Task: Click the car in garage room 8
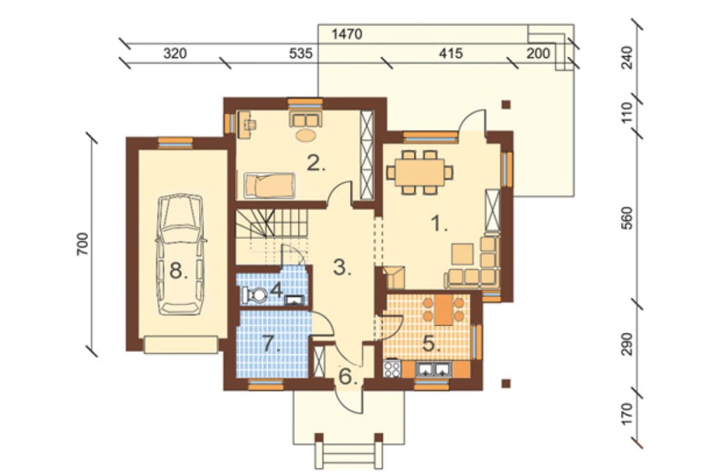181,255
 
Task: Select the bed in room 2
270,185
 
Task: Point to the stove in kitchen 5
392,369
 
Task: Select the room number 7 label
271,344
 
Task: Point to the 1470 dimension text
347,34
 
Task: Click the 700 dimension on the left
82,244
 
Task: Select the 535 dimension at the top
301,53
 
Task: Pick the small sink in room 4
294,300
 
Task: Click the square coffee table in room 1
462,254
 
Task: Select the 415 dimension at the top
451,53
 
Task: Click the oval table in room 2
305,135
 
